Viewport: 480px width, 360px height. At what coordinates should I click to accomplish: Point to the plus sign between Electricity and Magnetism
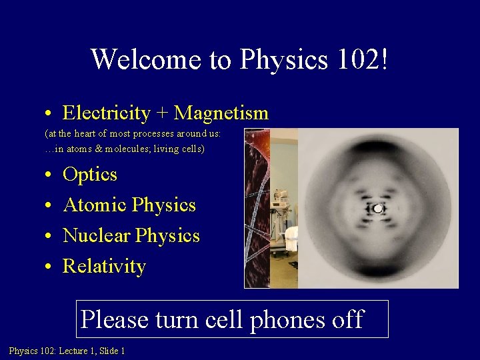click(x=162, y=114)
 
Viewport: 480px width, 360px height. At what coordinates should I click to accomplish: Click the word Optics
click(x=89, y=175)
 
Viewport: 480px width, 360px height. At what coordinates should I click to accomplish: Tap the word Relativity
click(x=103, y=267)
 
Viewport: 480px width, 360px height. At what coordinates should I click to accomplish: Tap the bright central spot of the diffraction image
click(x=378, y=209)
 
